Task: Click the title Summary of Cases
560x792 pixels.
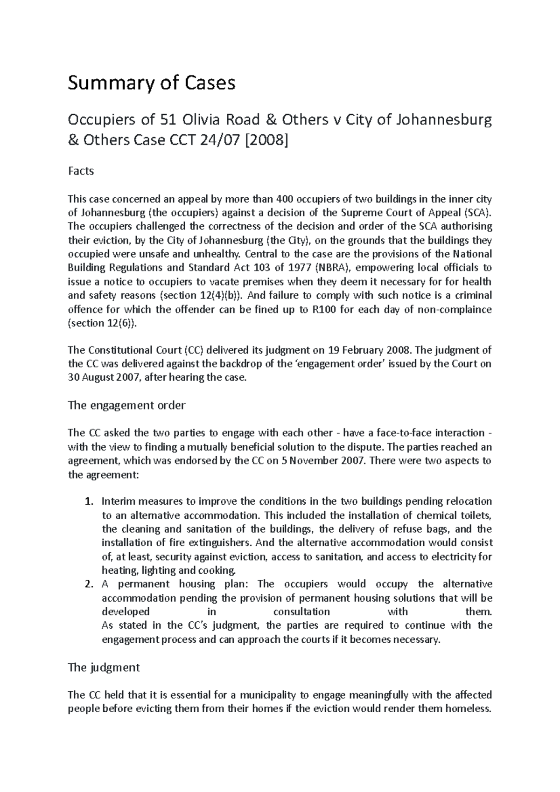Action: tap(152, 83)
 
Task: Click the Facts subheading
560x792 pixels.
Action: tap(81, 171)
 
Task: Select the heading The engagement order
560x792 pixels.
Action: tap(126, 405)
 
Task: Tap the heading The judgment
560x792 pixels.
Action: tap(104, 667)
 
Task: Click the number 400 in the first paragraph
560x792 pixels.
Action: tap(285, 200)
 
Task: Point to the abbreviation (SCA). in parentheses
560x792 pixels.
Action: tap(477, 213)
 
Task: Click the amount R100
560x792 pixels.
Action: tap(323, 310)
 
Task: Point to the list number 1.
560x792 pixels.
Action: tap(89, 502)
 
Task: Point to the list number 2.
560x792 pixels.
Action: tap(89, 584)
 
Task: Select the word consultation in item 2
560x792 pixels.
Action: tap(301, 612)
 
